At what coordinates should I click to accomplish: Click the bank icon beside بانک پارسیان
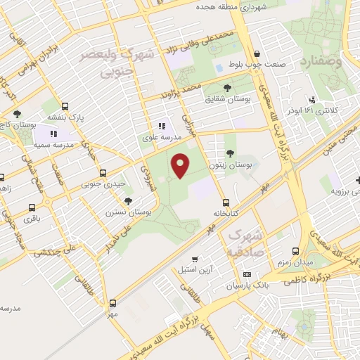tap(247, 274)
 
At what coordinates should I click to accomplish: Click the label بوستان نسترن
tap(129, 211)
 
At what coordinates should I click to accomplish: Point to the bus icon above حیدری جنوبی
tap(103, 173)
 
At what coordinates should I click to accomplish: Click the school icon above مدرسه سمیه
tap(53, 133)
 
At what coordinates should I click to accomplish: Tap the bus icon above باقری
tap(32, 207)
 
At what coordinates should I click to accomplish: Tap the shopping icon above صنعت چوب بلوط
tap(257, 54)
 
